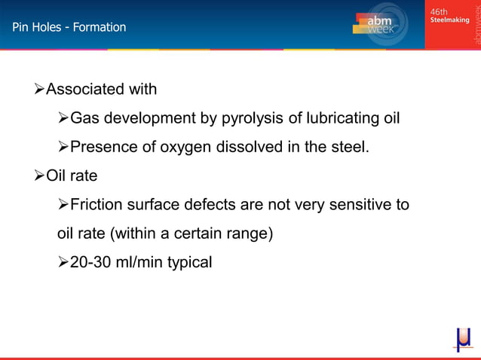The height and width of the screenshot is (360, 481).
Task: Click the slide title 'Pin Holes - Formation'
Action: click(x=69, y=27)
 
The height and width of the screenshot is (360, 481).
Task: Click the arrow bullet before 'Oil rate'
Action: click(x=40, y=175)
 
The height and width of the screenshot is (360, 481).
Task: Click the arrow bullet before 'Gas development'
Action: click(x=63, y=118)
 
